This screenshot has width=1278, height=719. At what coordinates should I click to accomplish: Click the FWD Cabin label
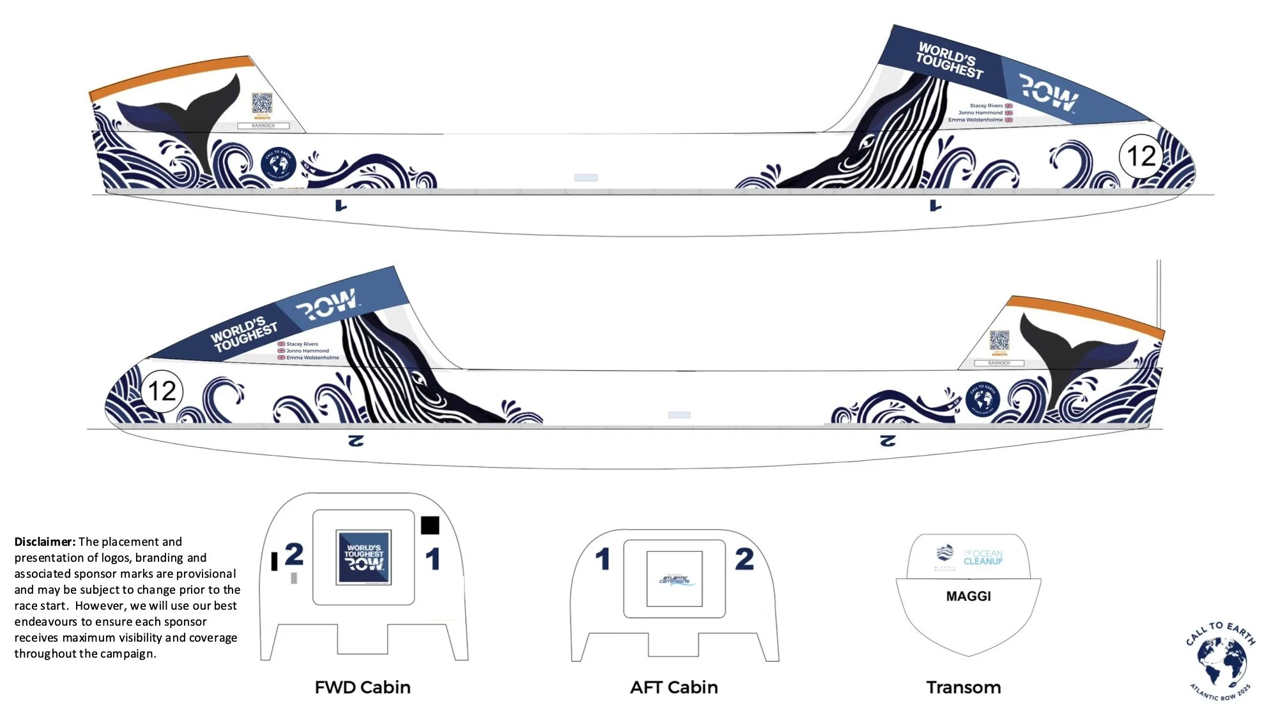pyautogui.click(x=362, y=687)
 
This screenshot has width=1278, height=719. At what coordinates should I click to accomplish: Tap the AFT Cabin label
pyautogui.click(x=674, y=687)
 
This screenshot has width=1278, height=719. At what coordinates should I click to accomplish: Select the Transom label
pyautogui.click(x=964, y=687)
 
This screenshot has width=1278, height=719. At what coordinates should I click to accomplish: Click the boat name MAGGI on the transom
pyautogui.click(x=968, y=596)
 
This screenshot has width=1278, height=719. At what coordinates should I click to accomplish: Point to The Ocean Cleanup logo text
pyautogui.click(x=983, y=557)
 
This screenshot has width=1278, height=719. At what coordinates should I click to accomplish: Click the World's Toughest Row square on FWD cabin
pyautogui.click(x=364, y=557)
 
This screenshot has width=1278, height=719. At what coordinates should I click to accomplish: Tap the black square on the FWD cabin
pyautogui.click(x=430, y=525)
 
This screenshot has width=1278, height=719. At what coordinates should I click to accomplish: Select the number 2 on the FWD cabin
pyautogui.click(x=294, y=554)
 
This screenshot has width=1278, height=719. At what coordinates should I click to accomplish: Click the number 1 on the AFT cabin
pyautogui.click(x=602, y=559)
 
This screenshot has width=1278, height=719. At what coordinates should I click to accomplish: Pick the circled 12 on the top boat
pyautogui.click(x=1141, y=156)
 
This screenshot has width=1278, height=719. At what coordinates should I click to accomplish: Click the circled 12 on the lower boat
pyautogui.click(x=161, y=391)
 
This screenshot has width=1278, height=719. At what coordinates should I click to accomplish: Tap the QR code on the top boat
pyautogui.click(x=262, y=103)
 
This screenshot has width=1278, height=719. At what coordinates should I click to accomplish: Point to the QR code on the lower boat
pyautogui.click(x=999, y=340)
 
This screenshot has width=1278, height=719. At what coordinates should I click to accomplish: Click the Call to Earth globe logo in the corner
pyautogui.click(x=1220, y=661)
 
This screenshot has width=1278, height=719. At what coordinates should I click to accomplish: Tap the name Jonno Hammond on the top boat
pyautogui.click(x=980, y=112)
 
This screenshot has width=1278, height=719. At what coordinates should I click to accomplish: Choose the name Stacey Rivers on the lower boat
pyautogui.click(x=302, y=344)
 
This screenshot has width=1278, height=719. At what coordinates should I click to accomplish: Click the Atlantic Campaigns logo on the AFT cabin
pyautogui.click(x=674, y=579)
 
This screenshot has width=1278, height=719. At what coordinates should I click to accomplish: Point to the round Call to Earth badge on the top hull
pyautogui.click(x=279, y=164)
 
